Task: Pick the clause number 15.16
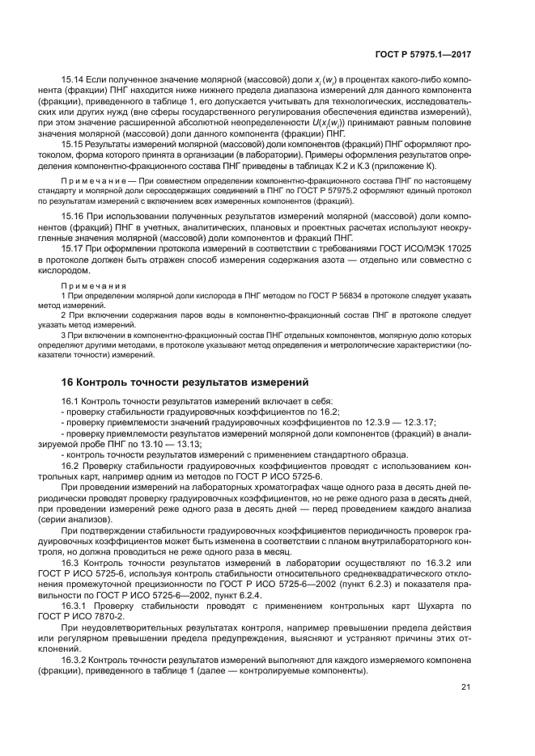[x=73, y=218]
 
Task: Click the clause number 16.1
[x=70, y=400]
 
